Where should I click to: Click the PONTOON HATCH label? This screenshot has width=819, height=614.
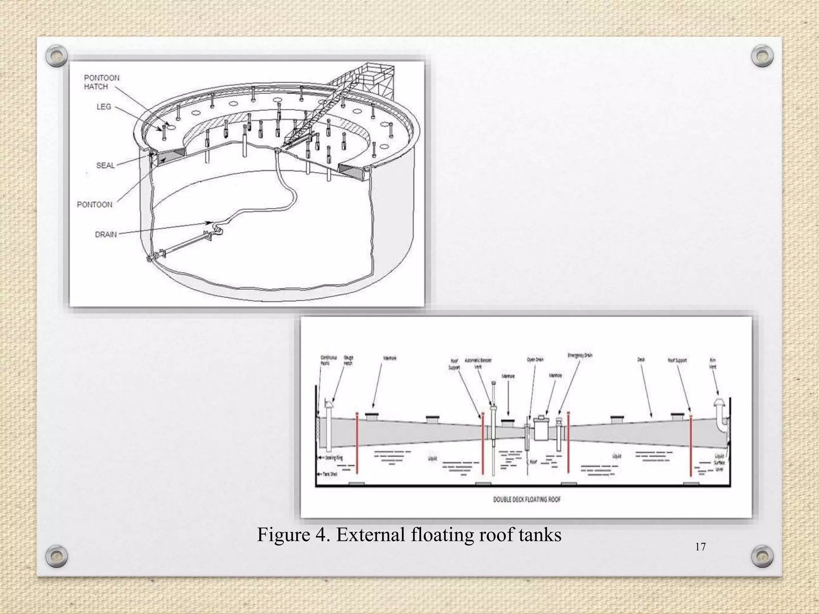tap(102, 82)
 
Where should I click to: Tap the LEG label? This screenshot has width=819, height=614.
tap(104, 107)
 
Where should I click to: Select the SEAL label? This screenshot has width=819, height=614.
tap(105, 165)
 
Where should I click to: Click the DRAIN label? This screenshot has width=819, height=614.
tap(106, 234)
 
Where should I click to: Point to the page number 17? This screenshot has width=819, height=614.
tap(700, 547)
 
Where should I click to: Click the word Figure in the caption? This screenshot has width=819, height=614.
tap(284, 534)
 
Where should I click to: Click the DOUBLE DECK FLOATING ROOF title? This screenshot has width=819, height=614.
tap(527, 499)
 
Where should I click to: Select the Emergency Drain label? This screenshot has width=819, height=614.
tap(579, 355)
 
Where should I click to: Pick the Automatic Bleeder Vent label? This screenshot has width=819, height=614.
tap(478, 363)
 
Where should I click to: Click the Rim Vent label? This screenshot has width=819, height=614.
tap(713, 363)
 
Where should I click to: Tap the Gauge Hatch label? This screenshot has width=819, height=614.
tap(348, 360)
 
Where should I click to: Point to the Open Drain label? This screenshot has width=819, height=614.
tap(535, 359)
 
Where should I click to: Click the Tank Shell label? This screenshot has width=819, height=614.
tap(330, 474)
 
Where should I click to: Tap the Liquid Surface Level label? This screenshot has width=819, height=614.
tap(719, 462)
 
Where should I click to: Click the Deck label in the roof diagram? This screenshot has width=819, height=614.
tap(641, 359)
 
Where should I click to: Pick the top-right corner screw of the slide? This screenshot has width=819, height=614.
tap(762, 56)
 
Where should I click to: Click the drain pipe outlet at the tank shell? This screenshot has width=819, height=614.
tap(150, 259)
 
